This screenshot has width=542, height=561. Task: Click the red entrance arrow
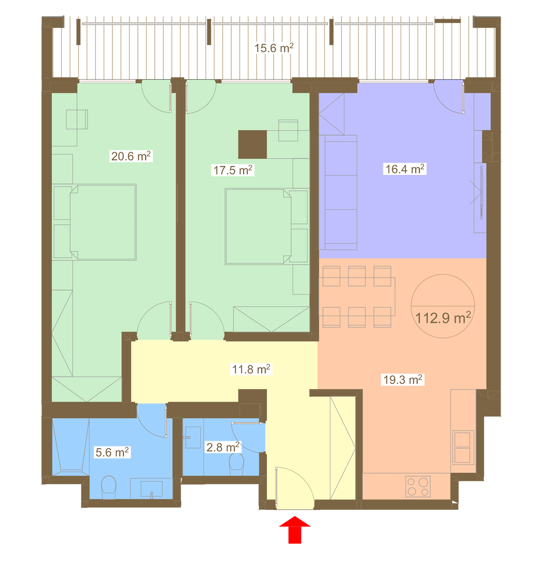point(294,529)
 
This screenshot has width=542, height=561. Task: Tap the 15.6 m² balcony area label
point(274,48)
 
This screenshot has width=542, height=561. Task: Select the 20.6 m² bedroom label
point(131,156)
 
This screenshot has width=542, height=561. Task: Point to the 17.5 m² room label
point(233,170)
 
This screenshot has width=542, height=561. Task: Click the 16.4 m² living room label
point(405,169)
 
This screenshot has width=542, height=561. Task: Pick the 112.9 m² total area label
point(443,318)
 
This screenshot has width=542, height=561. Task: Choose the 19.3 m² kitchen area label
point(402,380)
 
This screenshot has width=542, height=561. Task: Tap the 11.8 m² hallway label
point(251,369)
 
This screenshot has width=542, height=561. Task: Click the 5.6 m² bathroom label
point(112,453)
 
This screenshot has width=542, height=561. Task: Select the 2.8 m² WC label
point(223,447)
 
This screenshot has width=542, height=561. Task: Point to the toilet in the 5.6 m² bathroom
point(109,487)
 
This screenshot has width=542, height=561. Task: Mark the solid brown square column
point(252,144)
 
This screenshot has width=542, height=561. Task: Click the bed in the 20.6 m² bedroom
point(103,222)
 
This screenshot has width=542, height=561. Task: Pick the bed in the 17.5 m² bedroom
point(258,226)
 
